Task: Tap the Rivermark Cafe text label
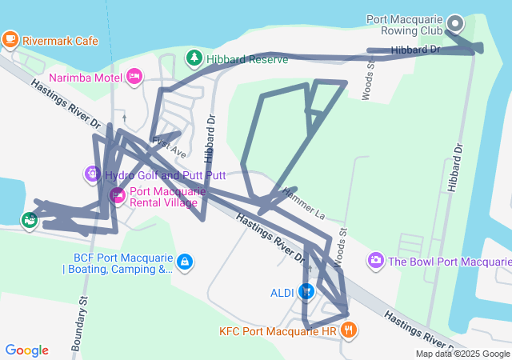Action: [x=60, y=40]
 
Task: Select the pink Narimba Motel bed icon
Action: [x=134, y=77]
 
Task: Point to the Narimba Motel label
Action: [x=85, y=78]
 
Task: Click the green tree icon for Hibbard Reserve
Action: [x=193, y=58]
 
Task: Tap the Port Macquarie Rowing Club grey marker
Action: [x=456, y=24]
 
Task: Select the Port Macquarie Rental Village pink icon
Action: [x=117, y=196]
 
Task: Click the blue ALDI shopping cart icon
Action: [x=306, y=293]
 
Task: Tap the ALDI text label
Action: [x=282, y=293]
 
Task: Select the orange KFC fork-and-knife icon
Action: [x=348, y=330]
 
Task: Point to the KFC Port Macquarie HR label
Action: [x=277, y=330]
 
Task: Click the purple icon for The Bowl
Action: [x=375, y=261]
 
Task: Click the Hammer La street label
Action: [x=302, y=204]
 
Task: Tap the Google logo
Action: [x=26, y=350]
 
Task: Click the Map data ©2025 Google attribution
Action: [x=462, y=354]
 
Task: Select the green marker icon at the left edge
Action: [x=30, y=219]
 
